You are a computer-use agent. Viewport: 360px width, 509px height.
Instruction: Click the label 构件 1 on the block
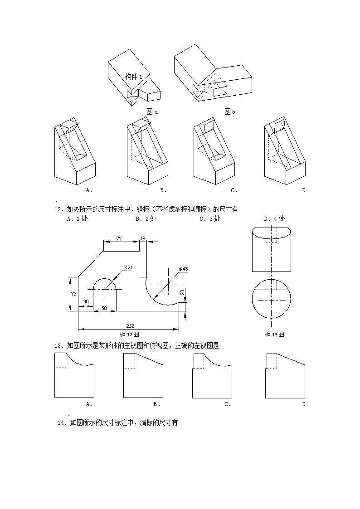pyautogui.click(x=133, y=77)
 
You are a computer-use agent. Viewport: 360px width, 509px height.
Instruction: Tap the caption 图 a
pyautogui.click(x=152, y=111)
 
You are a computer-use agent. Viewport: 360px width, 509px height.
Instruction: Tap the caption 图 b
pyautogui.click(x=230, y=111)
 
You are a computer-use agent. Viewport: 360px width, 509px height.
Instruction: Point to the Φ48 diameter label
pyautogui.click(x=183, y=269)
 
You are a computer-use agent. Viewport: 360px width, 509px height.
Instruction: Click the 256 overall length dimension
pyautogui.click(x=131, y=326)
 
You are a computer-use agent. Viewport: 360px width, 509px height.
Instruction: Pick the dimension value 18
pyautogui.click(x=143, y=238)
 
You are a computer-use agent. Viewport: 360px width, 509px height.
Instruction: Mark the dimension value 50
pyautogui.click(x=104, y=308)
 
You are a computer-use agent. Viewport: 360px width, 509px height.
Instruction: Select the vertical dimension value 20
pyautogui.click(x=182, y=292)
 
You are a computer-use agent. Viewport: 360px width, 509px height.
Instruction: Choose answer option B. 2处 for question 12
pyautogui.click(x=146, y=218)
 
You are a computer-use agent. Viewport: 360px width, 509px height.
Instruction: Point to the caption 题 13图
pyautogui.click(x=274, y=334)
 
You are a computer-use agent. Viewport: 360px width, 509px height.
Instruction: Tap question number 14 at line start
pyautogui.click(x=62, y=423)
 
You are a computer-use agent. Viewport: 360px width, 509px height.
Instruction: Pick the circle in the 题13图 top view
pyautogui.click(x=271, y=300)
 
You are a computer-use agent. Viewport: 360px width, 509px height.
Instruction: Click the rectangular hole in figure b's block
pyautogui.click(x=221, y=91)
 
